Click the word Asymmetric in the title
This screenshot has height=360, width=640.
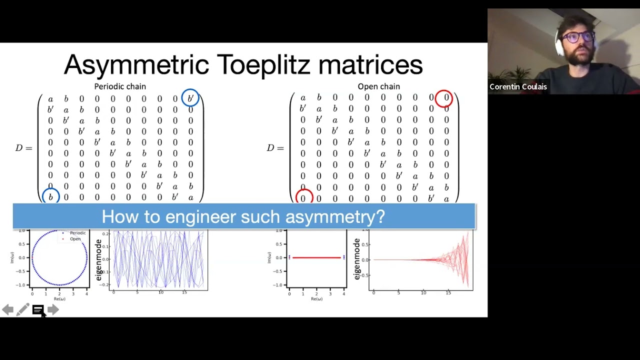(136, 65)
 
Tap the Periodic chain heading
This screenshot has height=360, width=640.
(120, 86)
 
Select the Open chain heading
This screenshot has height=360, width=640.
(378, 86)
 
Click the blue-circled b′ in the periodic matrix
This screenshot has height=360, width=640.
(190, 98)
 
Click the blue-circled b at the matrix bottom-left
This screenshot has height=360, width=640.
(50, 197)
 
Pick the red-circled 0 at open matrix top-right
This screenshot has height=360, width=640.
(444, 98)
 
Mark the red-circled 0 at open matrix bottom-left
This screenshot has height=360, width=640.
(303, 198)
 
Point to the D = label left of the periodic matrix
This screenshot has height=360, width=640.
(23, 148)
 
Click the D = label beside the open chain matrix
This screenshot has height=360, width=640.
(275, 148)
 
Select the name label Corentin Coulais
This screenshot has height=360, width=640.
(518, 87)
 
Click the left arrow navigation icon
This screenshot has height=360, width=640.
(7, 310)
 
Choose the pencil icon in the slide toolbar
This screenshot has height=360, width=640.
(22, 310)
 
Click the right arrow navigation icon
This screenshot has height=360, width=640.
(53, 310)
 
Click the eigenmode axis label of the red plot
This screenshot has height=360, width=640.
(356, 259)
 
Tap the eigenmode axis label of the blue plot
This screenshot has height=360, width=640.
(98, 260)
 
